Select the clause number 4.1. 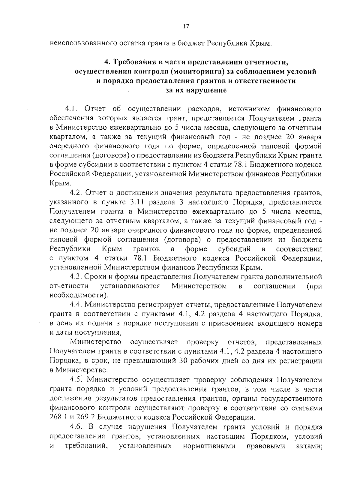click(x=72, y=108)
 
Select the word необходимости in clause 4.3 click(x=78, y=296)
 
